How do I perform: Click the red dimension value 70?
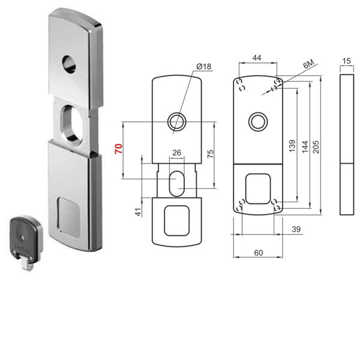[119, 149]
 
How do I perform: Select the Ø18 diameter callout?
[203, 67]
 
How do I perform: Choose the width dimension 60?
[258, 253]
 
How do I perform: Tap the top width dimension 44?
[257, 58]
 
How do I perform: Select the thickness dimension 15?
[347, 62]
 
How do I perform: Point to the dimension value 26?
[177, 153]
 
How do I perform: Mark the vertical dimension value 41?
[137, 211]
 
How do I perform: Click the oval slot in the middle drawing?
[177, 182]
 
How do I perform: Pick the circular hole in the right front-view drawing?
[257, 121]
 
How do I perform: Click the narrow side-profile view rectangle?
[347, 144]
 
